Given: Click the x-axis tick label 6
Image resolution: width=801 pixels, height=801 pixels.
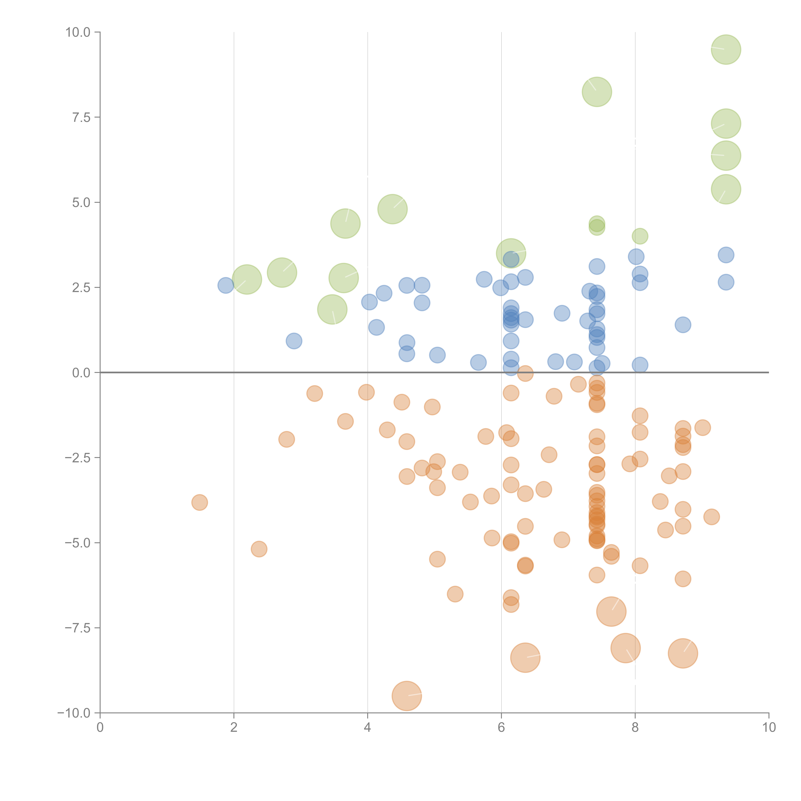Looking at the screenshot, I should coord(501,727).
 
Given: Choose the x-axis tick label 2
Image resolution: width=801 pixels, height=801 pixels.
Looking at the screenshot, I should coord(234,727).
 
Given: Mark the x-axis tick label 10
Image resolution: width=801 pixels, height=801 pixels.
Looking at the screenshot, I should coord(769,727).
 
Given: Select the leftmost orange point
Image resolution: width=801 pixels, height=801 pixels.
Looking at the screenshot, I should coord(199,503).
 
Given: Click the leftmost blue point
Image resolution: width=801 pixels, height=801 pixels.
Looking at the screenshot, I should coord(226,285).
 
